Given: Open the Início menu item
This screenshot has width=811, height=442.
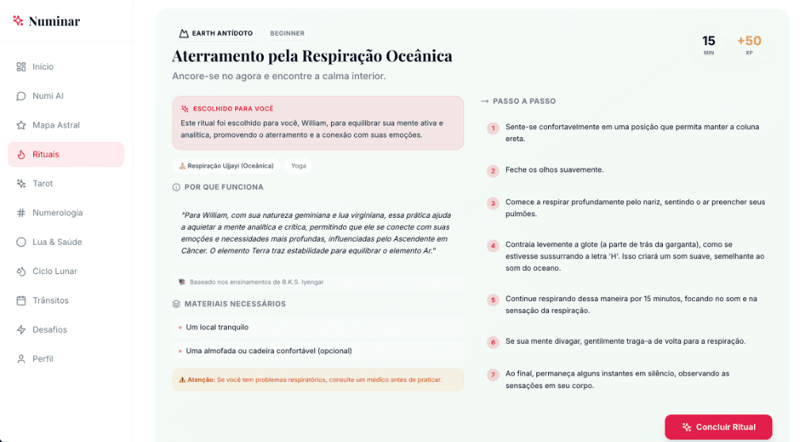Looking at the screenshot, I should click(43, 67).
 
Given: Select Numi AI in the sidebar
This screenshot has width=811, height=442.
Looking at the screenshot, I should click(48, 96).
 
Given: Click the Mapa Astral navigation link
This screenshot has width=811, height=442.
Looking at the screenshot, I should click(55, 125).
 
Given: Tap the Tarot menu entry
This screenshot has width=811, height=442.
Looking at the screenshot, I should click(42, 184).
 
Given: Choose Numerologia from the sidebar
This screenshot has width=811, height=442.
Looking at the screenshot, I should click(57, 213).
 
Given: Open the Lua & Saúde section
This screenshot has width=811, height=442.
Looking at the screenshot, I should click(57, 242).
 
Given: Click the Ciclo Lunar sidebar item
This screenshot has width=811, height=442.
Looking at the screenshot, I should click(55, 272).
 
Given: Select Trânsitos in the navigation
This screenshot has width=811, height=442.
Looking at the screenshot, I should click(50, 301).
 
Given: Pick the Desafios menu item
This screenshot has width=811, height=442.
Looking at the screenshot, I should click(49, 330).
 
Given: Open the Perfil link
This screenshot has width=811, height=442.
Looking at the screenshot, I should click(43, 359).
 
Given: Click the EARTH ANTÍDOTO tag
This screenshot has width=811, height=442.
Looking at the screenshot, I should click(216, 33).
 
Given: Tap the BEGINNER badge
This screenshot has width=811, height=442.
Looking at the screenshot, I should click(287, 33).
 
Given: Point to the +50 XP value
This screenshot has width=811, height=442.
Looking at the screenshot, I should click(748, 41).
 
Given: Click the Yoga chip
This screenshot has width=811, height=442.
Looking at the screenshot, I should click(299, 166).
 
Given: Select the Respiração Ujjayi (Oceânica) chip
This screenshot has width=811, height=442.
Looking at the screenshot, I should click(227, 166).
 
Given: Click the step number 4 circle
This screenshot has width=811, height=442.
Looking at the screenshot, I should click(493, 246).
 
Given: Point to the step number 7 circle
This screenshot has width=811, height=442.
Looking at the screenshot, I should click(493, 375).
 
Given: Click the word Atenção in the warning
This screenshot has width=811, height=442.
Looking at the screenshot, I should click(200, 379).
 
